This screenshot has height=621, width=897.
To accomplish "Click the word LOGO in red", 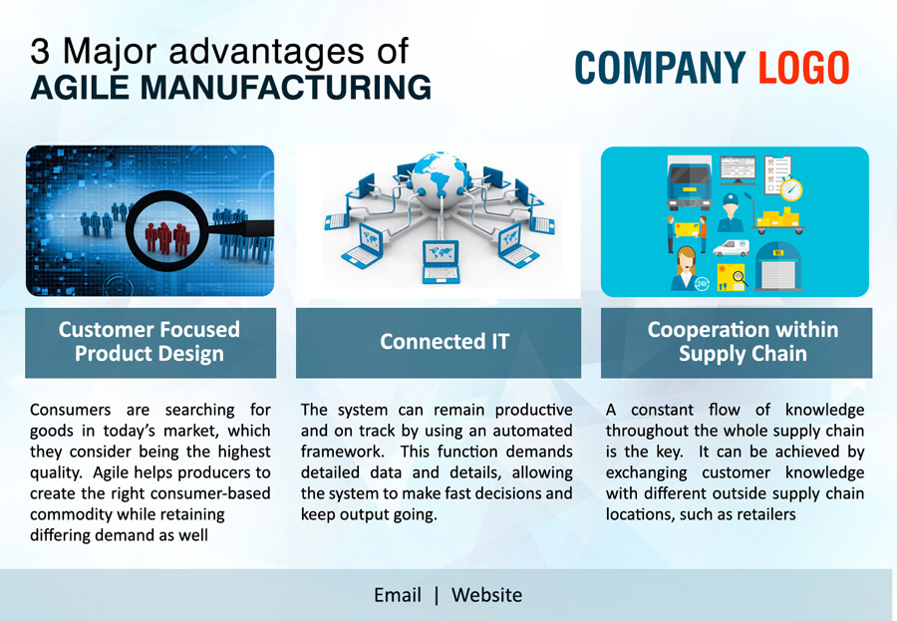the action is pos(803,68).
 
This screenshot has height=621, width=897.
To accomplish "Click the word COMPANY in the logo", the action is pos(660,68).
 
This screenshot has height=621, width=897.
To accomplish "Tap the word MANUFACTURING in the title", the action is pos(285,87).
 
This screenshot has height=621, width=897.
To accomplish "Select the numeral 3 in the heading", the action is pos(40,51).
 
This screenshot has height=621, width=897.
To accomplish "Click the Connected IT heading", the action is pos(445,342).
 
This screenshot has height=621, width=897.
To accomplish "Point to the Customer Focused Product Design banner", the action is pos(150,343).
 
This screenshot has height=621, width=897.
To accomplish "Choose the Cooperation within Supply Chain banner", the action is pos(737,343).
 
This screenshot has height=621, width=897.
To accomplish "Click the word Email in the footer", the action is pos(398,595).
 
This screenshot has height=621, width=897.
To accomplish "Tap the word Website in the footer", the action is pos(486,595).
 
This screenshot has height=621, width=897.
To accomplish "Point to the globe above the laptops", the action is pos(440,179).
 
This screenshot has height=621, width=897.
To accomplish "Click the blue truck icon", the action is pos(690,182).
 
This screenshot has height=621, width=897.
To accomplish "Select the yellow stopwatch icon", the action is pos(791,188).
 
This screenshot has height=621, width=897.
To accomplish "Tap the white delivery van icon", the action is pos(732,248).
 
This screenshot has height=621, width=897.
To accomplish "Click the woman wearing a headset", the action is pos(686,268).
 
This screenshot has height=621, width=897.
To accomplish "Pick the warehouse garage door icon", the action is pos(778,267).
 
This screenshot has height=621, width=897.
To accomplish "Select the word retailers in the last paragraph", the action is pos(766,514).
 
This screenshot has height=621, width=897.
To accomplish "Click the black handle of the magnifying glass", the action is pos(241,228).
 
